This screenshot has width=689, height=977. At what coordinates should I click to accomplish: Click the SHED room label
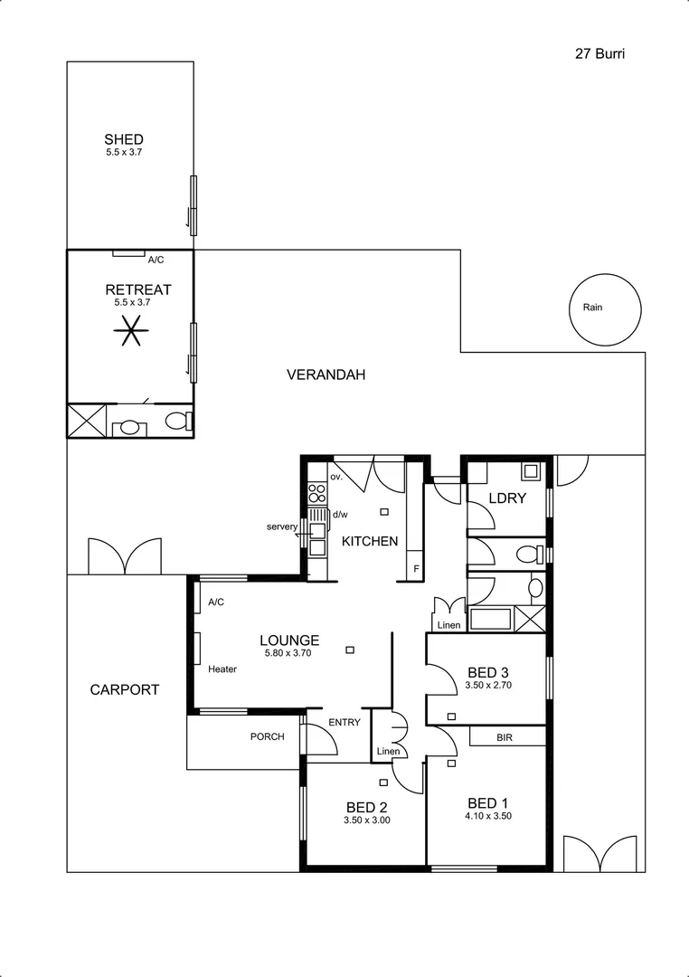click(124, 139)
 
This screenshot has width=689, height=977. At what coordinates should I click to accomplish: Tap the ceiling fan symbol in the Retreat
click(130, 333)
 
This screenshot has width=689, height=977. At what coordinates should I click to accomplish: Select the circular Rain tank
click(606, 308)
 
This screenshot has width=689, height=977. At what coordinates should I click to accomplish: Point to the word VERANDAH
click(326, 375)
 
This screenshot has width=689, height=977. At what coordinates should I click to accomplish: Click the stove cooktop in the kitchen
click(316, 493)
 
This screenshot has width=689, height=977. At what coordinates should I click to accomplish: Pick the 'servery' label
click(282, 526)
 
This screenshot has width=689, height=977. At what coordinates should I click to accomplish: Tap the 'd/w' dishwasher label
click(340, 515)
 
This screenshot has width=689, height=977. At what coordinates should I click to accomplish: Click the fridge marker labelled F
click(416, 569)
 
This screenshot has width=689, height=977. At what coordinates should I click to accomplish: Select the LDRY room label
click(507, 498)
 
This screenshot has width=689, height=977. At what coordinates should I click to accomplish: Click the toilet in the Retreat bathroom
click(178, 422)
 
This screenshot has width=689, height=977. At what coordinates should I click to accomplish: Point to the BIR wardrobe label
click(506, 738)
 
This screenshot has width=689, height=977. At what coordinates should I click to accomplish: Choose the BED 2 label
click(366, 808)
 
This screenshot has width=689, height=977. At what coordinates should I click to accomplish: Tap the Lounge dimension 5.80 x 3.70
click(288, 653)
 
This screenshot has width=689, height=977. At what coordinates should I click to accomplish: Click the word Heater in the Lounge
click(222, 669)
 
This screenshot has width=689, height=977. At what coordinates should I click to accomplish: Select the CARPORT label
click(125, 689)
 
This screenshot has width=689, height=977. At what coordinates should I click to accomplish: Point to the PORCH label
click(267, 736)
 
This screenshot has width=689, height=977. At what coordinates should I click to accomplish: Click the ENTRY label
click(344, 722)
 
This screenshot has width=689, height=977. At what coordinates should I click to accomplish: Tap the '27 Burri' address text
click(600, 53)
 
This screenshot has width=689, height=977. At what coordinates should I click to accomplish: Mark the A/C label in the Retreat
click(156, 261)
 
